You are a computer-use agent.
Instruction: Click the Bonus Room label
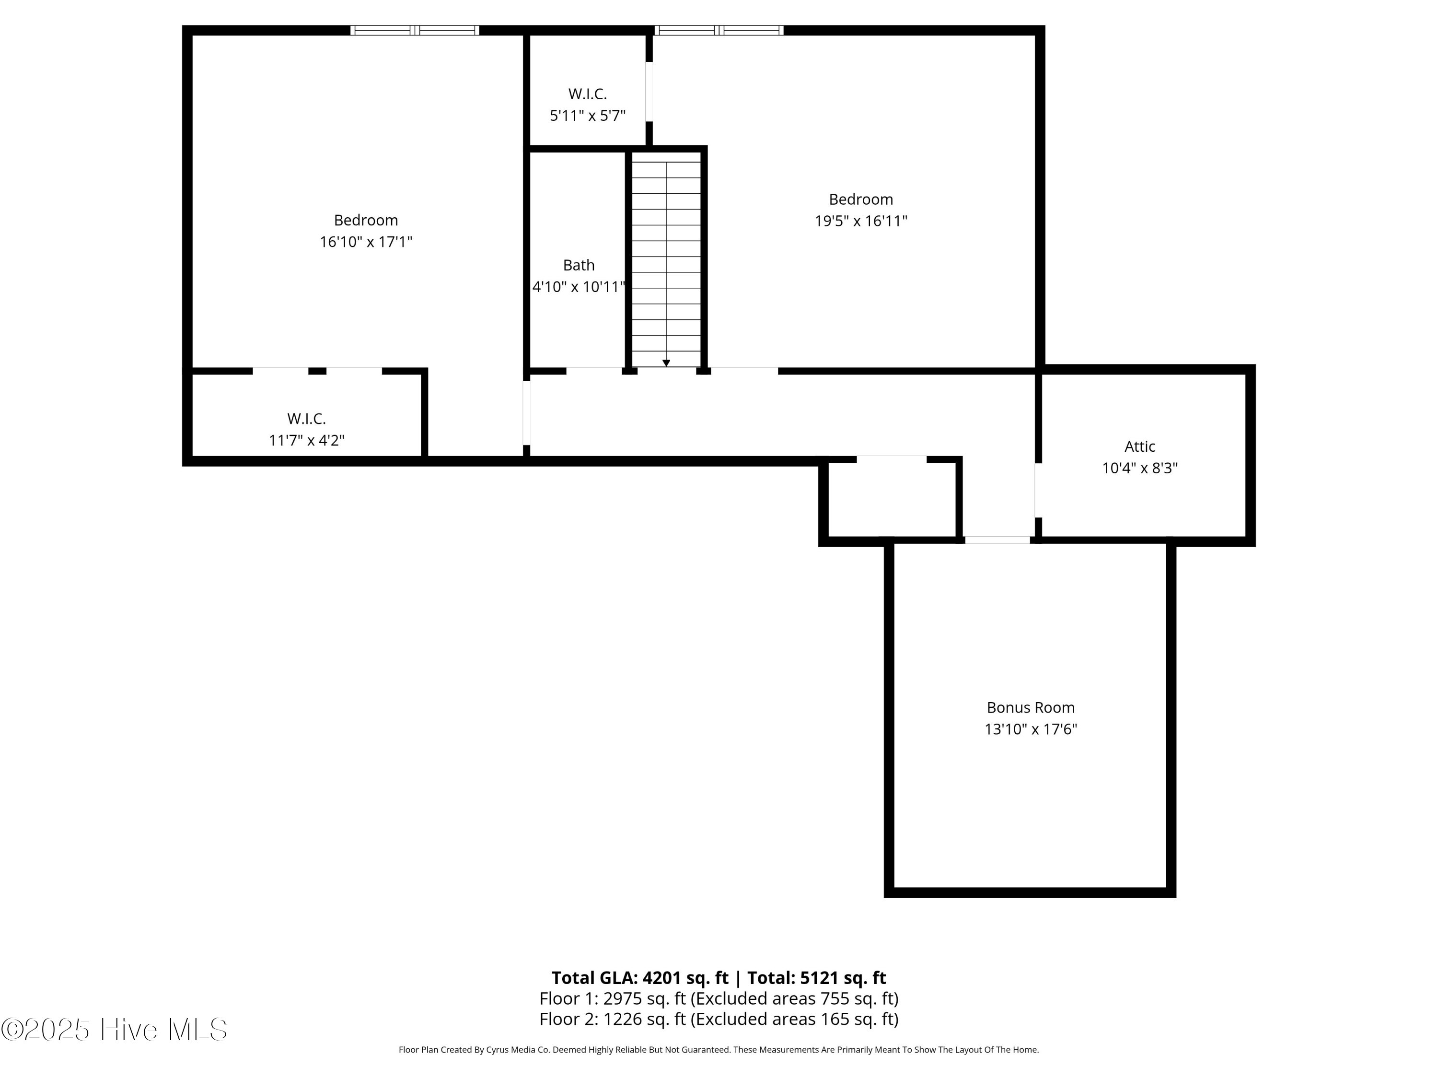1031,708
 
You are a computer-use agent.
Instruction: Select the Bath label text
579,265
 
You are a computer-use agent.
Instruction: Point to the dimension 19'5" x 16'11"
861,221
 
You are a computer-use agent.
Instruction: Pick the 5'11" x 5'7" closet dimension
588,116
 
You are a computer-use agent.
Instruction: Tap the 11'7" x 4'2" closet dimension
306,440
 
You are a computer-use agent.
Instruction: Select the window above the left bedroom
415,30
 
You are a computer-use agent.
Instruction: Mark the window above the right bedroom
719,30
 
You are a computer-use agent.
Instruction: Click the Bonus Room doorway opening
997,540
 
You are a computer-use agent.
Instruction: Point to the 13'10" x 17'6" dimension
1031,729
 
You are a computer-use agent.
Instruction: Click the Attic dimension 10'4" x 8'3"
1139,468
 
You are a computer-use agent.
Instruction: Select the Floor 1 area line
719,998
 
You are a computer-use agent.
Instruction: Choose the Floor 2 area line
719,1019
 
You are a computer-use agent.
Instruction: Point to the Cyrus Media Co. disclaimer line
719,1050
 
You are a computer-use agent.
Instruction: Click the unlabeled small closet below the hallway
891,500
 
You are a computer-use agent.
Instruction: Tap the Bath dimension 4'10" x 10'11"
579,287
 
